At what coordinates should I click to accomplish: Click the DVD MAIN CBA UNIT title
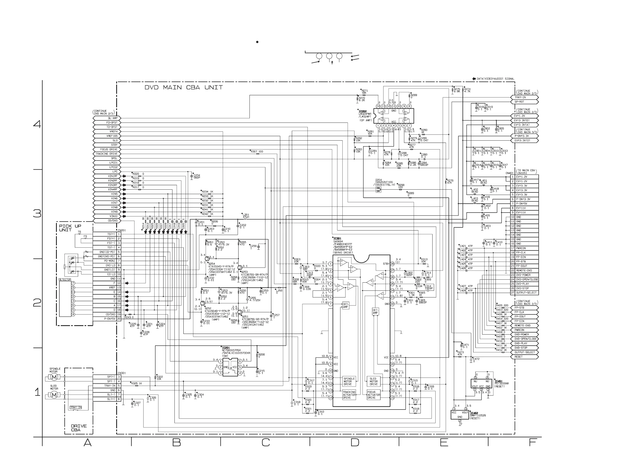click(x=183, y=88)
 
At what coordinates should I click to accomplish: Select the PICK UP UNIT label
click(x=70, y=228)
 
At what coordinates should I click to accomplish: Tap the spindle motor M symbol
click(x=54, y=377)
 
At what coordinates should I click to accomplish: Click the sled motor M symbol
click(x=54, y=395)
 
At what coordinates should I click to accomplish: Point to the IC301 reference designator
click(x=337, y=239)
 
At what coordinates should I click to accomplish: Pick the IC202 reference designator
click(x=363, y=111)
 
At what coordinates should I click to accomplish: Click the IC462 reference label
click(x=474, y=413)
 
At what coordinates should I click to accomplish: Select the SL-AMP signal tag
click(x=112, y=118)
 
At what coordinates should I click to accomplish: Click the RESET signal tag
click(x=519, y=357)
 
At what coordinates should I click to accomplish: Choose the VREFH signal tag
click(x=113, y=131)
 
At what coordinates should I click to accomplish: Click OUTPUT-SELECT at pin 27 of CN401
click(x=526, y=293)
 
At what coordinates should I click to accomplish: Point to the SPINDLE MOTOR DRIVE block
click(x=349, y=381)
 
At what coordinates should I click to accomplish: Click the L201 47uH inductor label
click(x=246, y=216)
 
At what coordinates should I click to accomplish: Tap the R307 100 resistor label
click(x=257, y=152)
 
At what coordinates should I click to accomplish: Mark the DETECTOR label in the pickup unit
click(x=65, y=279)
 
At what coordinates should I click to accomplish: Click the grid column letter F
click(x=532, y=442)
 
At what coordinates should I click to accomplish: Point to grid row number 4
click(x=37, y=124)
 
